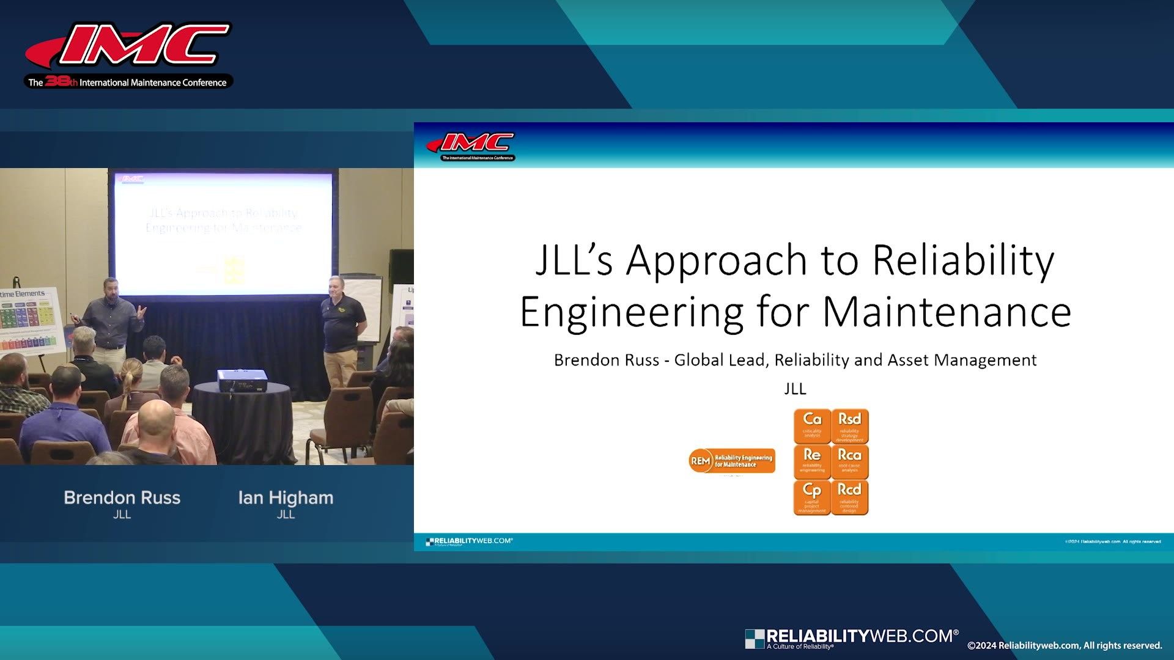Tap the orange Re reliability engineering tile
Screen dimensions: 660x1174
[812, 461]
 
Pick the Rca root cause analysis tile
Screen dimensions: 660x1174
[849, 461]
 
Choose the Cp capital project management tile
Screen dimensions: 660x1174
[812, 497]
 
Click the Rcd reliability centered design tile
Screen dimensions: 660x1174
[849, 497]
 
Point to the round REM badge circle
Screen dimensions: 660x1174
[700, 461]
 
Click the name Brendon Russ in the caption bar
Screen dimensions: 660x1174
[122, 497]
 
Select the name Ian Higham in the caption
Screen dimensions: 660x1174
[286, 497]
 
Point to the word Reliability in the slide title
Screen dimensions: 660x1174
[963, 260]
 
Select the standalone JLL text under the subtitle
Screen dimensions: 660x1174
[795, 389]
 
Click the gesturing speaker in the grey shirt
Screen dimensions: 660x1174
[110, 318]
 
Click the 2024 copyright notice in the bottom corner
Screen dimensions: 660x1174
[1064, 645]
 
